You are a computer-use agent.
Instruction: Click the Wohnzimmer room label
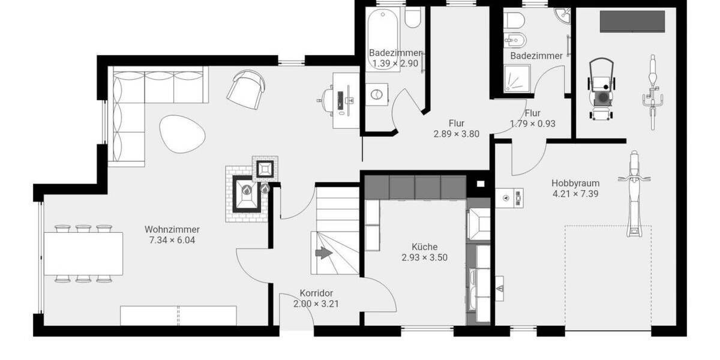pos(172,229)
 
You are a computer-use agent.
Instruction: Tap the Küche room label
pos(424,247)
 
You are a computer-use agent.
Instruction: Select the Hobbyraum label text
pos(575,183)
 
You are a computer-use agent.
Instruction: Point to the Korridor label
pos(316,293)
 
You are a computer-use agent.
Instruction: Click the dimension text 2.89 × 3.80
pos(456,134)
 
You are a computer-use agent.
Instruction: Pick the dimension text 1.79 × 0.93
pos(532,124)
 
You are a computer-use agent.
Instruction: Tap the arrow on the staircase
pos(324,254)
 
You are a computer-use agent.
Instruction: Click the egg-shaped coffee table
pos(182,133)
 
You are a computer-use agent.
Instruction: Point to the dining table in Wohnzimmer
pos(83,253)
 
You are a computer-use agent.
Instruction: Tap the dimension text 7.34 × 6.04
pos(172,240)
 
